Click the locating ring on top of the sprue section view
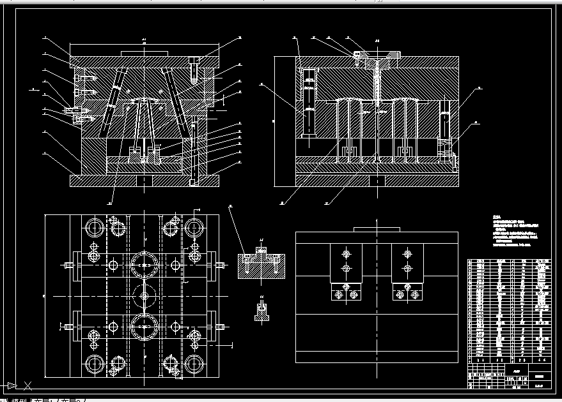[x=377, y=56]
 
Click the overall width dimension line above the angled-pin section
[x=144, y=44]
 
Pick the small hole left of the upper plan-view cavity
[x=113, y=264]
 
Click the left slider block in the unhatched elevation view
[x=346, y=271]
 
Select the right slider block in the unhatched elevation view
[x=407, y=271]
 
